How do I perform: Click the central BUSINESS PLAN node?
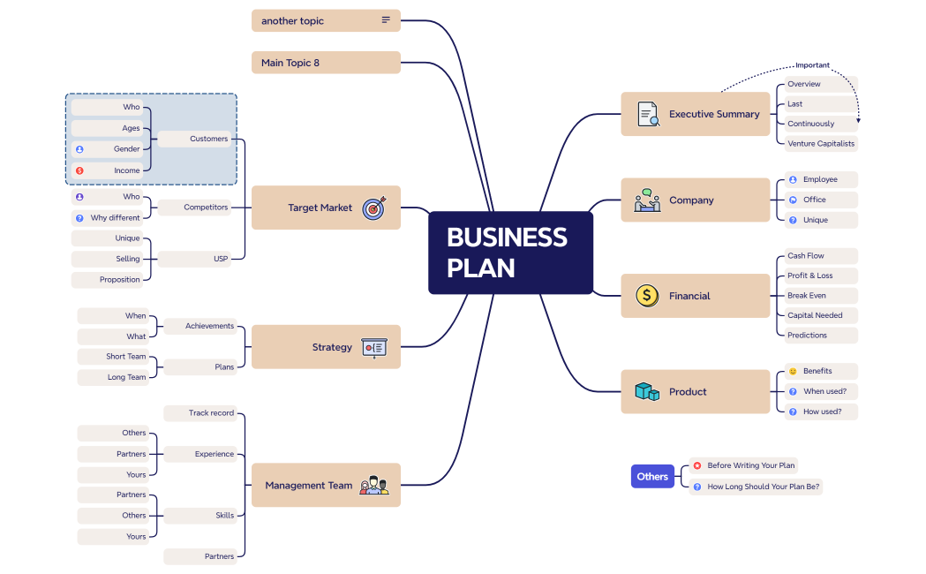pos(510,253)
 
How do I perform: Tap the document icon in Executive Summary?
pos(648,114)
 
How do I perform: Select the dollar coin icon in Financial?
pos(647,296)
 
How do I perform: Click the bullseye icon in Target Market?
pos(374,208)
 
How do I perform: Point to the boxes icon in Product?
pos(647,391)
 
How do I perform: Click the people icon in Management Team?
pos(374,485)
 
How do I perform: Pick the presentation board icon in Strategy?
pos(373,347)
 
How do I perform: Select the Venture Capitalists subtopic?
pos(820,143)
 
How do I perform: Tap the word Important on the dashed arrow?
pos(812,65)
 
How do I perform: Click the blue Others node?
pos(652,476)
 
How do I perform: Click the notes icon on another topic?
pos(386,20)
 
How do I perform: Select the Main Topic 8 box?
pos(326,63)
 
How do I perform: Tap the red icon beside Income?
pos(79,170)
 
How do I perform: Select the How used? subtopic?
pos(821,411)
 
